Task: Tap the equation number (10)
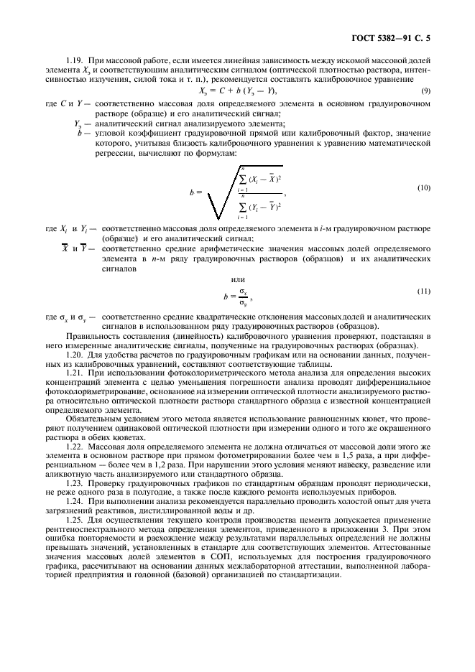tap(424, 187)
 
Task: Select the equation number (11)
tap(424, 290)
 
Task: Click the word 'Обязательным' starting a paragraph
tap(89, 416)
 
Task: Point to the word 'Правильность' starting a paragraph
tap(88, 335)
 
